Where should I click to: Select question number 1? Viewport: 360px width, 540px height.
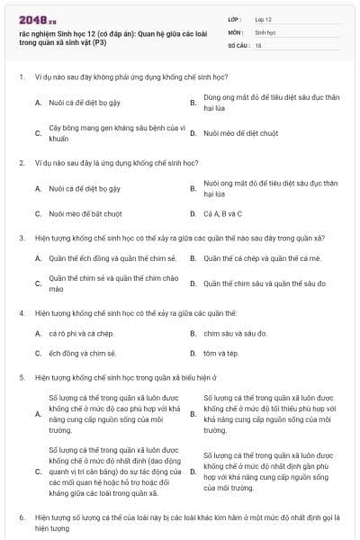tap(21, 77)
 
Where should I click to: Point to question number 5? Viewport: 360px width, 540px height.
tap(21, 378)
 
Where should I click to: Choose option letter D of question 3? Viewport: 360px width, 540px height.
tap(193, 283)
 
